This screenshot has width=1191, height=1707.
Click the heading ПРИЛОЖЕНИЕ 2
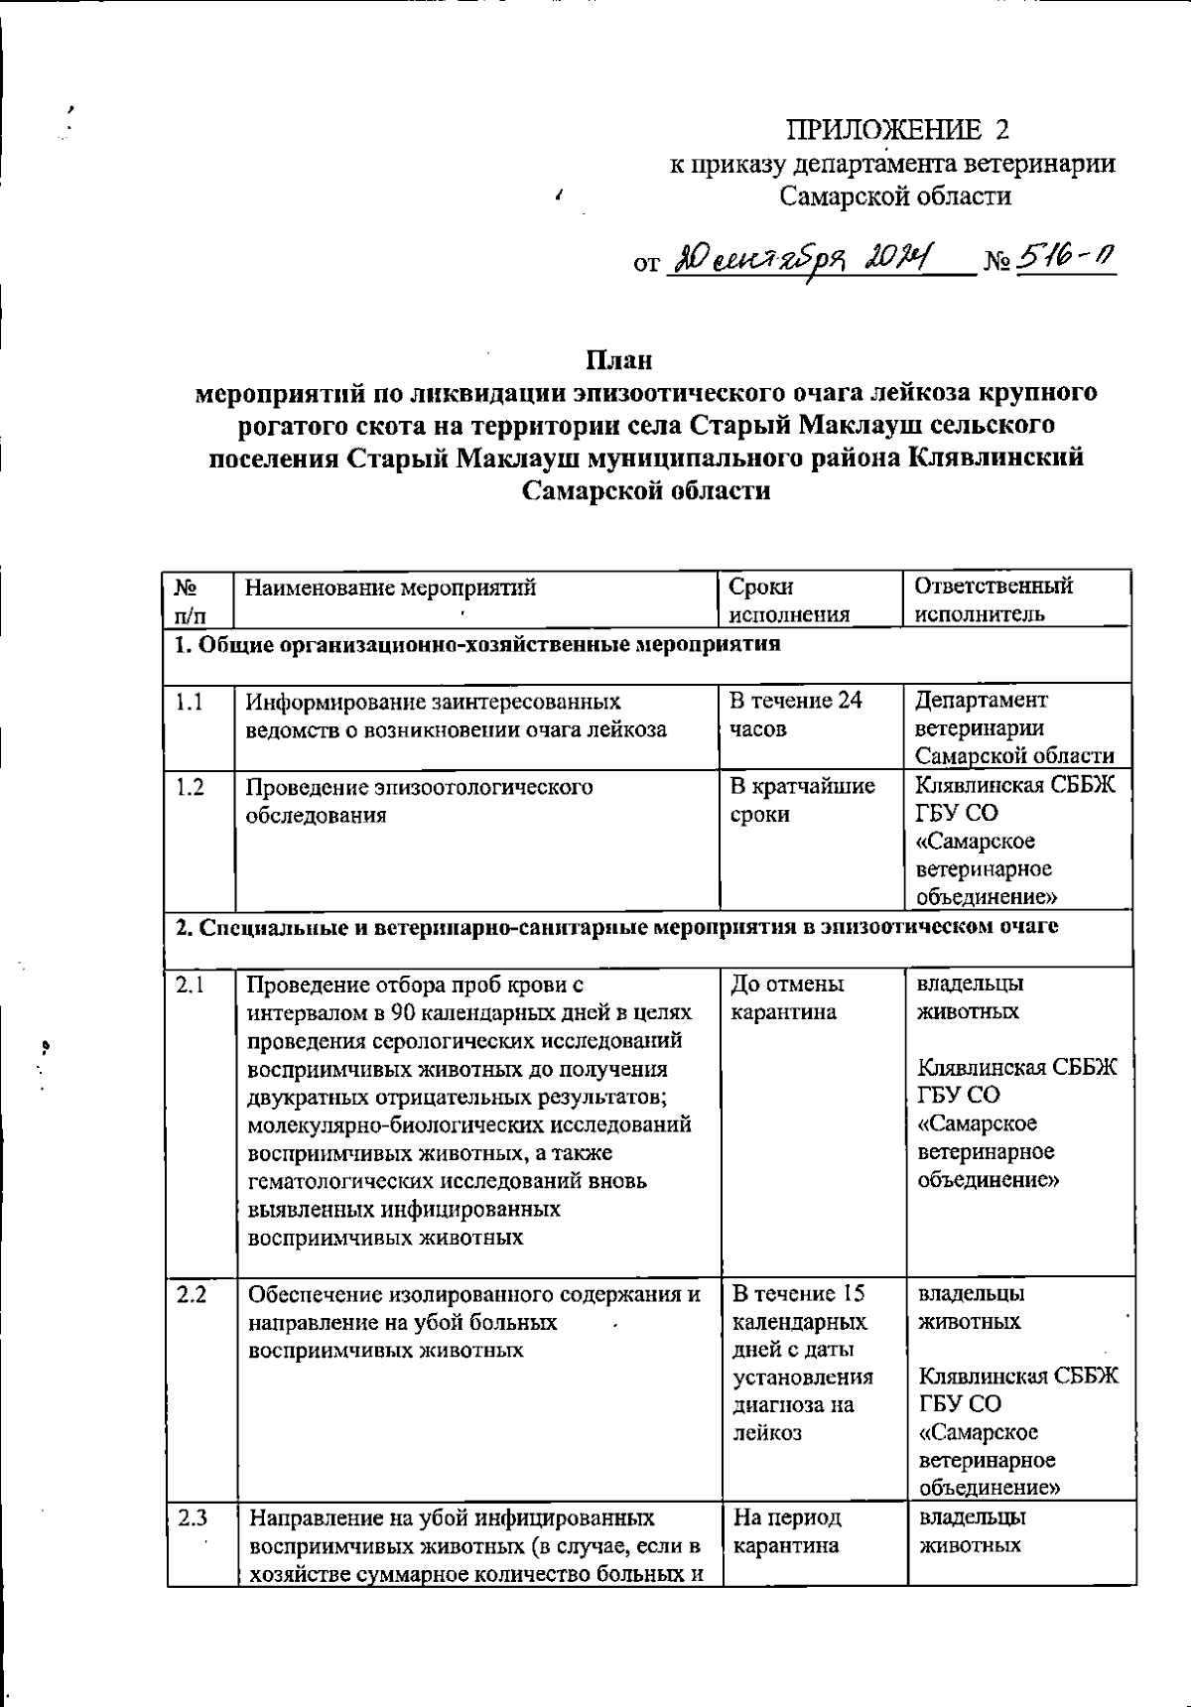(897, 130)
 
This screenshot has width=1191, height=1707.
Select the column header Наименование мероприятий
(390, 588)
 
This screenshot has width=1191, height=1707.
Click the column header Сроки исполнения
(789, 599)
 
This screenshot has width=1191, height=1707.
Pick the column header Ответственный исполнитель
(992, 599)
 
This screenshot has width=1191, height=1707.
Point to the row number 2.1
(190, 985)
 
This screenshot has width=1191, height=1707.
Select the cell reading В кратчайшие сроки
(802, 800)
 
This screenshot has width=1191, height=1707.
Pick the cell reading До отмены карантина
(787, 998)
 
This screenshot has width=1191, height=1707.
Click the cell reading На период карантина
(787, 1531)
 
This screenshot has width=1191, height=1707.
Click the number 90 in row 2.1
(402, 1013)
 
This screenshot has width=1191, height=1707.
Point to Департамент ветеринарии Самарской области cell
(1013, 727)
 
